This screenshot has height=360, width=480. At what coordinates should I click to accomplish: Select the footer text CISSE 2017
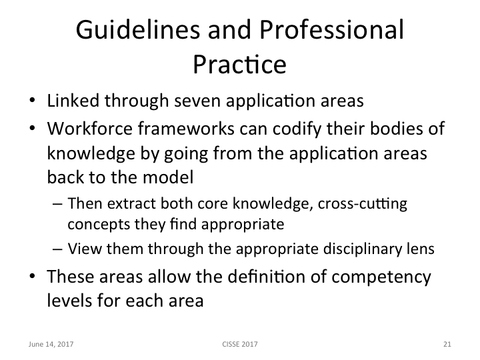pyautogui.click(x=240, y=345)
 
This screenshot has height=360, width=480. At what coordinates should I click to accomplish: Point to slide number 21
pyautogui.click(x=447, y=345)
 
